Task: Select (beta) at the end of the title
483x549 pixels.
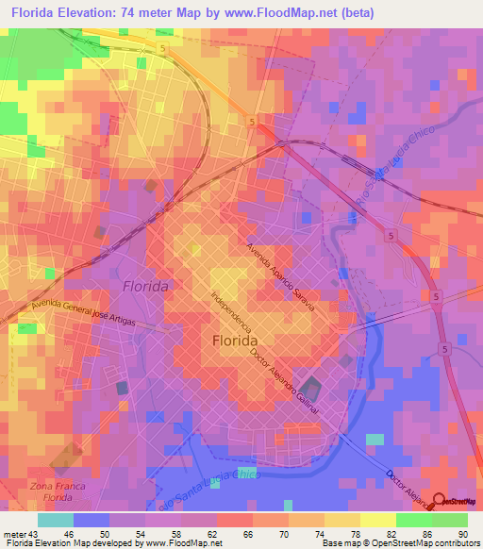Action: click(x=357, y=12)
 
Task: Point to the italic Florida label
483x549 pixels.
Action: click(x=145, y=286)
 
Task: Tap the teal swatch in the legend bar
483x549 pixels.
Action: click(x=56, y=520)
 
